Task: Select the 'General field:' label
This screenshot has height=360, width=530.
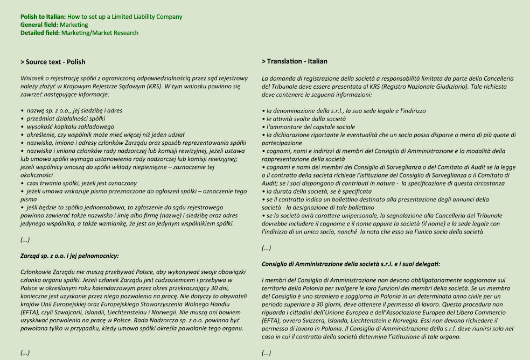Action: [x=39, y=25]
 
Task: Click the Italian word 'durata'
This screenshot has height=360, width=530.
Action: [x=285, y=191]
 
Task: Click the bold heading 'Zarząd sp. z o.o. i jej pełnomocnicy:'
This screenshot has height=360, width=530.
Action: [x=69, y=256]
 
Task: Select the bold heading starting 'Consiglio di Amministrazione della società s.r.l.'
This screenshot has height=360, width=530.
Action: [x=351, y=264]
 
